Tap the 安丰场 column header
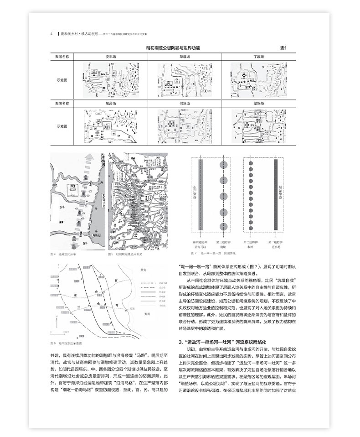pyautogui.click(x=110, y=57)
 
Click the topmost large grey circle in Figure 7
pyautogui.click(x=223, y=164)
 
